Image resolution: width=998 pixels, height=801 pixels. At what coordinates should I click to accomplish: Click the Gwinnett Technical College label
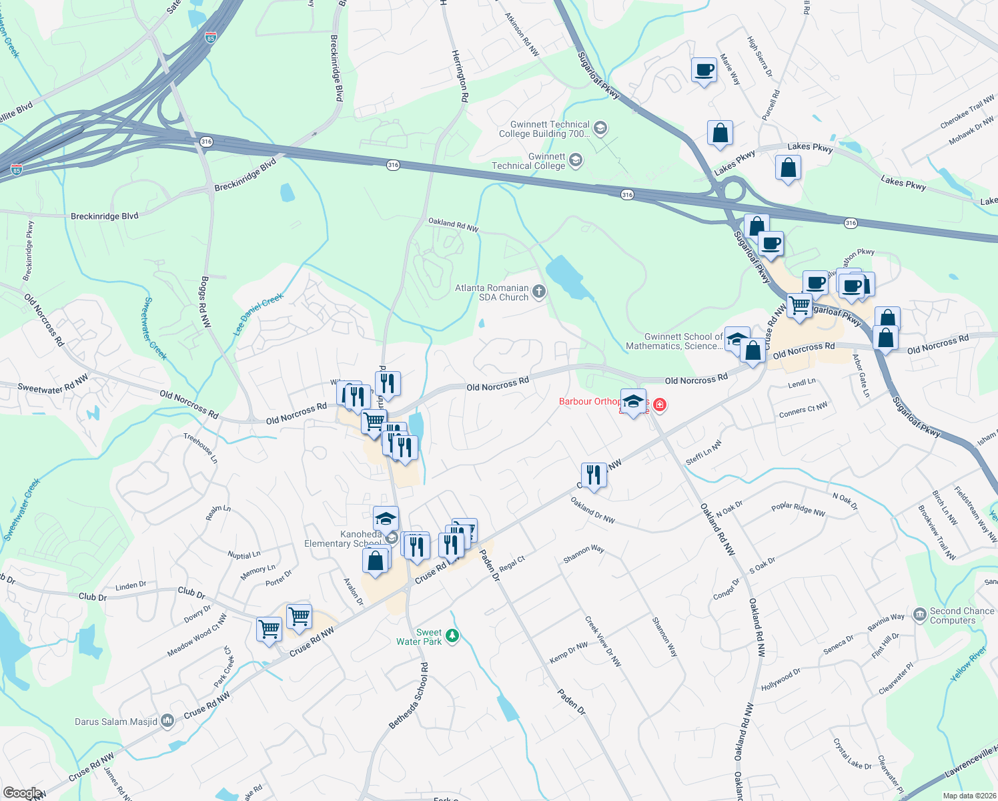(528, 161)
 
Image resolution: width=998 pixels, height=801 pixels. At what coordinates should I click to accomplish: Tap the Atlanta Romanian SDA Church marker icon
(539, 292)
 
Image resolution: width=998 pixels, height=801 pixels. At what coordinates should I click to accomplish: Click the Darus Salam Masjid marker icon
(167, 721)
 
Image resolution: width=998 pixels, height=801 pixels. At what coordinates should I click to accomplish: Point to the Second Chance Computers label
(961, 615)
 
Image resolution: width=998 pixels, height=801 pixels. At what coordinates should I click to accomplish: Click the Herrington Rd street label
(460, 75)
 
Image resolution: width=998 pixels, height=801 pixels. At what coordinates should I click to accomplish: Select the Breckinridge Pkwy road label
(29, 251)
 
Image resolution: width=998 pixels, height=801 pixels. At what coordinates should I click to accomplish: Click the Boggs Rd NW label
(205, 301)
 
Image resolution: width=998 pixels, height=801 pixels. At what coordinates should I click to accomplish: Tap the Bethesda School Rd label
(409, 695)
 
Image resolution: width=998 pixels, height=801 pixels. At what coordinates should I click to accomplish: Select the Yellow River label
(968, 664)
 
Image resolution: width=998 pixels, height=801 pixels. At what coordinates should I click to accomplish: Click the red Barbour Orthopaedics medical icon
(660, 405)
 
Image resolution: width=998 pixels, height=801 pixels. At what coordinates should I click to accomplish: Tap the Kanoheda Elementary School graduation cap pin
(386, 519)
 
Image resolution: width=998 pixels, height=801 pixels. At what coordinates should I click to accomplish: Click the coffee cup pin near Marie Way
(704, 69)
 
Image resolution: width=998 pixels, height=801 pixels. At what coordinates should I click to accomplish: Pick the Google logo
(21, 793)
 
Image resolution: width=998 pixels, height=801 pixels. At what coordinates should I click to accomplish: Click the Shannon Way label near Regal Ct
(584, 553)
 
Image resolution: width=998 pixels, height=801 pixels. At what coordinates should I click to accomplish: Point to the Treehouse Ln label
(200, 448)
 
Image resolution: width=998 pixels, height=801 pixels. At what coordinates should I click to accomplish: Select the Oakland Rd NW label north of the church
(453, 224)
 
